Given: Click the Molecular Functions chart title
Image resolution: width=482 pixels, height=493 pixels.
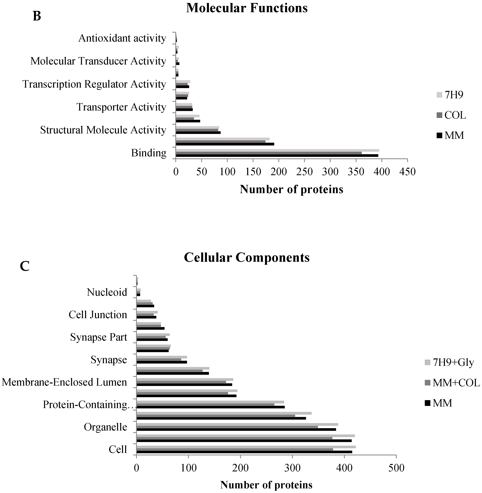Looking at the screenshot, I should (x=247, y=8).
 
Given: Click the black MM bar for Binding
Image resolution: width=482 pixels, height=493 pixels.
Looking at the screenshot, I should (x=277, y=156).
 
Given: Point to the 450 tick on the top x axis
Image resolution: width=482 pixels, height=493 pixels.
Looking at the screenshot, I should (x=407, y=172).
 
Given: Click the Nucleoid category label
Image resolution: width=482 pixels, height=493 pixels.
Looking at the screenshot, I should (x=107, y=292).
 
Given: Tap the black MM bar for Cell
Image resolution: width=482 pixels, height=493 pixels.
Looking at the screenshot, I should (x=244, y=452).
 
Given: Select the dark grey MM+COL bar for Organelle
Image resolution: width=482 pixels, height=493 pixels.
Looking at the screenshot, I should (x=227, y=427).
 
